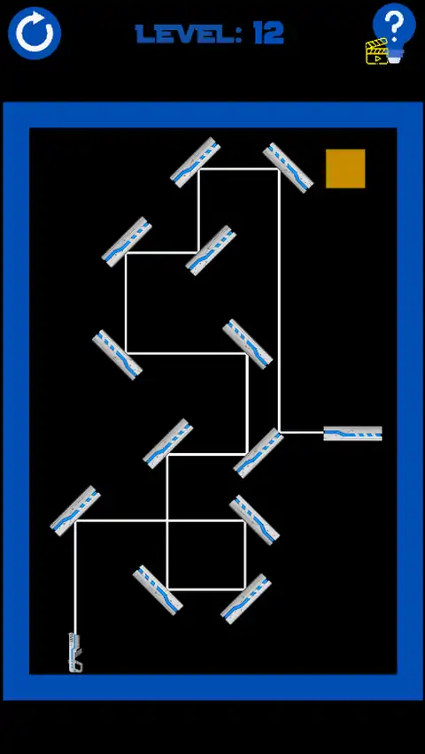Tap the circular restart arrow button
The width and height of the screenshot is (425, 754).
point(35,33)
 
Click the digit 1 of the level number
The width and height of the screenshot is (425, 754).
point(258,35)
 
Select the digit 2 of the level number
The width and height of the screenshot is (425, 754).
point(274,35)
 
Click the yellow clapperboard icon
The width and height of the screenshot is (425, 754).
point(376,52)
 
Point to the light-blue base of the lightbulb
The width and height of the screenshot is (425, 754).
point(396,56)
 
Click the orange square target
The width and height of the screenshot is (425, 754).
point(345,168)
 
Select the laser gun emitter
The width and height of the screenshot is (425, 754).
point(75,652)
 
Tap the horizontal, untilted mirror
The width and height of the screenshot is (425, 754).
point(352,434)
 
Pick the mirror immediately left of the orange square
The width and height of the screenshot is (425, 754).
point(288,167)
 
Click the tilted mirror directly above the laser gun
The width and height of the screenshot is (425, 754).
point(75,511)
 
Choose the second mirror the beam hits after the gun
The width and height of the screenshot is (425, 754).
point(254,520)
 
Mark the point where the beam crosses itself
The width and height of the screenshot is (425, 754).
point(167,520)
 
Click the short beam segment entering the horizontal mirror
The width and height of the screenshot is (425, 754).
point(302,432)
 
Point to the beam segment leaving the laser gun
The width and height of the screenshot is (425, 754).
point(75,578)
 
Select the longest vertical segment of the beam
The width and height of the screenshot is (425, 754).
point(279,301)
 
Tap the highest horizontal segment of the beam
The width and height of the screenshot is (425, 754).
point(239,169)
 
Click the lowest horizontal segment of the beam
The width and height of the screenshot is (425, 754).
point(206,589)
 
